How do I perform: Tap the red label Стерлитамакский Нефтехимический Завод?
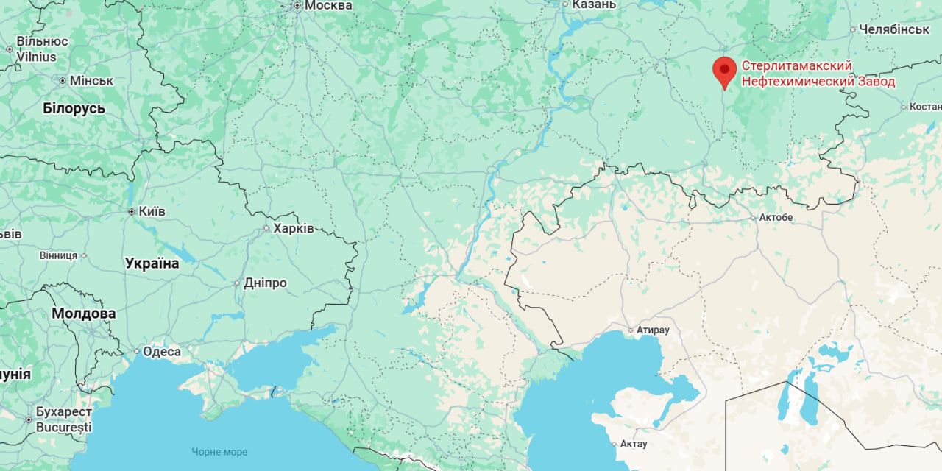[x=818, y=74]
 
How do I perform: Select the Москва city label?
[x=327, y=6]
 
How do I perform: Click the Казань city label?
[x=593, y=4]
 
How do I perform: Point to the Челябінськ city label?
[x=894, y=29]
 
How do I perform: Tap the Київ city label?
[x=152, y=211]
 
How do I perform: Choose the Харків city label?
[x=293, y=228]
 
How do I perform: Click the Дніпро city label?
[x=265, y=283]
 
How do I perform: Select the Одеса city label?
[x=161, y=352]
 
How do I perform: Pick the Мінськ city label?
[x=91, y=80]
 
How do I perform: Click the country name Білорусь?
[x=74, y=108]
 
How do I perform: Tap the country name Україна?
[x=152, y=263]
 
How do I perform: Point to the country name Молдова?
[x=83, y=314]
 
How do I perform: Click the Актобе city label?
[x=776, y=218]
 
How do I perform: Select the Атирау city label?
[x=653, y=330]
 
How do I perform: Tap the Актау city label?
[x=633, y=444]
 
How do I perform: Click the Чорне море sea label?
[x=219, y=452]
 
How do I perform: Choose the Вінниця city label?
[x=58, y=255]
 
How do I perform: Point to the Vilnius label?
[x=37, y=57]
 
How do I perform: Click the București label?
[x=64, y=427]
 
